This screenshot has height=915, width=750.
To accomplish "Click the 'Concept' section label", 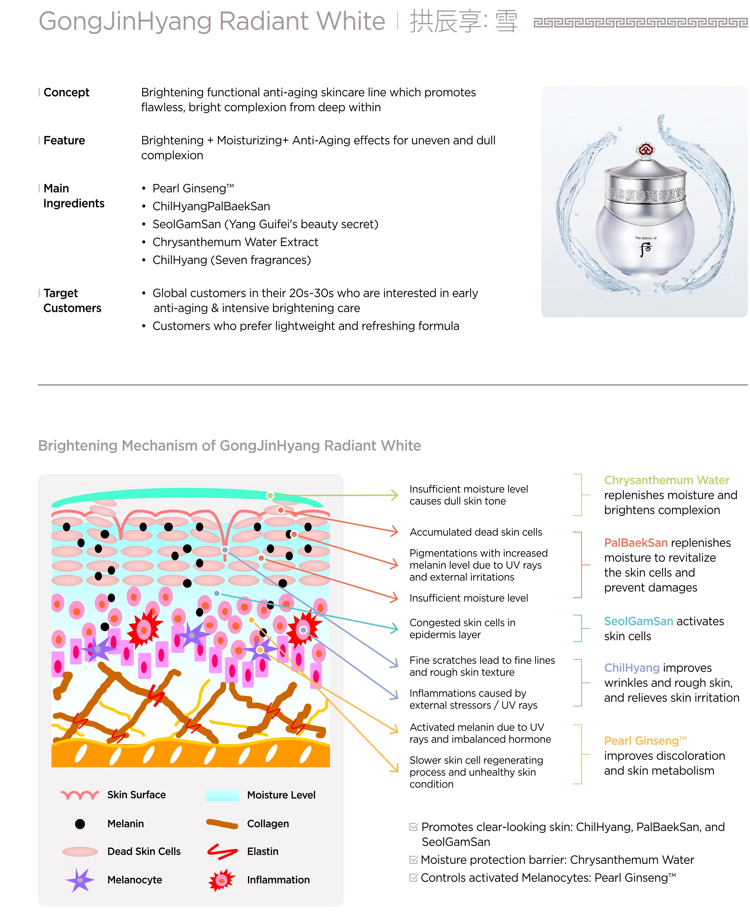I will tap(66, 93).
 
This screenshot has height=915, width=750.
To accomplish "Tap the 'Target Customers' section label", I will tap(72, 301).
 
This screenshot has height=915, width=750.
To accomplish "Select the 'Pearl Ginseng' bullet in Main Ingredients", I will tap(193, 189).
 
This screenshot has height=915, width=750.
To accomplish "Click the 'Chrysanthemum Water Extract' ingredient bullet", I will tap(235, 242).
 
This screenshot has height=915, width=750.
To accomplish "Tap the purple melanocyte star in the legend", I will tap(80, 880).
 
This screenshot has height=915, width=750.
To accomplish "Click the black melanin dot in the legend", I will tap(80, 824).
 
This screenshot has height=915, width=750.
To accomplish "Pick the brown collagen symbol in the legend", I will tap(222, 824).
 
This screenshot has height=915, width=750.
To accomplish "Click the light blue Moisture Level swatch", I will tap(222, 795).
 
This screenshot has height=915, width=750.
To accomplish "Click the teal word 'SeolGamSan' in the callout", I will tap(638, 621).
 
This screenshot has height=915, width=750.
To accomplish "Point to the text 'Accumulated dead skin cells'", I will tap(476, 532).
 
